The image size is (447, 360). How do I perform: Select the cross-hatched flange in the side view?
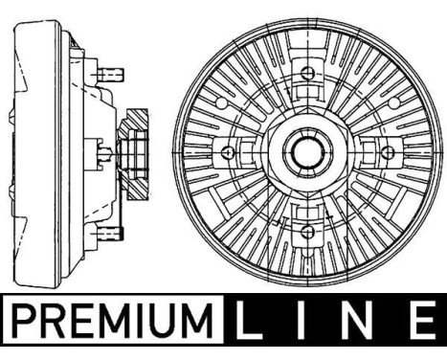pyautogui.click(x=134, y=152)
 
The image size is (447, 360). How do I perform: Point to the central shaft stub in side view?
pyautogui.click(x=103, y=151)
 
